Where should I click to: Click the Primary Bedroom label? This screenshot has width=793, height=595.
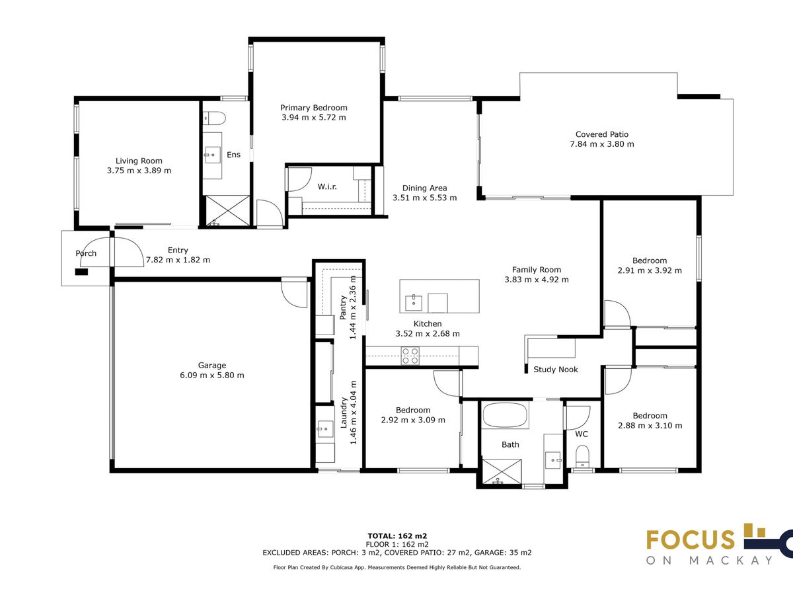(x=314, y=108)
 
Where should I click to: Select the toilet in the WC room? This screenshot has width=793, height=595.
(x=582, y=456)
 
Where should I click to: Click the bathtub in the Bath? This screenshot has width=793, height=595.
(x=505, y=415)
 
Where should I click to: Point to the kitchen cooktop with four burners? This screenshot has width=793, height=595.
(x=410, y=356)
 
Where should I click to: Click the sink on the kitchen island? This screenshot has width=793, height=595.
(x=413, y=303)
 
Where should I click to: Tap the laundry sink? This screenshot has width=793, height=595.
(x=324, y=429)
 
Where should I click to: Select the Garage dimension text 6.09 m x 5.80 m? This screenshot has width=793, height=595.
(x=212, y=376)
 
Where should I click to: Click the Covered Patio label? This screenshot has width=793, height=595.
(x=602, y=134)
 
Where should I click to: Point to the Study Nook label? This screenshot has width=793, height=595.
(x=556, y=369)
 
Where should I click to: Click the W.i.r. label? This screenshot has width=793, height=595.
(x=327, y=187)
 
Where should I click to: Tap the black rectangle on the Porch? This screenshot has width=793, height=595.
(x=81, y=272)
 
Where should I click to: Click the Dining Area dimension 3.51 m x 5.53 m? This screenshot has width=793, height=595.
(x=424, y=198)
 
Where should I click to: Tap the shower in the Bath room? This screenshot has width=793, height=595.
(x=502, y=471)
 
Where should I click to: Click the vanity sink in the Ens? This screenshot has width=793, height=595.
(x=212, y=155)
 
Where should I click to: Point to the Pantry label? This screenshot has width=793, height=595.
(x=343, y=308)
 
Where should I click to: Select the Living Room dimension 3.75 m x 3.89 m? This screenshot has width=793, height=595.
(x=139, y=171)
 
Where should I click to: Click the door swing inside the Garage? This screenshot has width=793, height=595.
(x=295, y=294)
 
